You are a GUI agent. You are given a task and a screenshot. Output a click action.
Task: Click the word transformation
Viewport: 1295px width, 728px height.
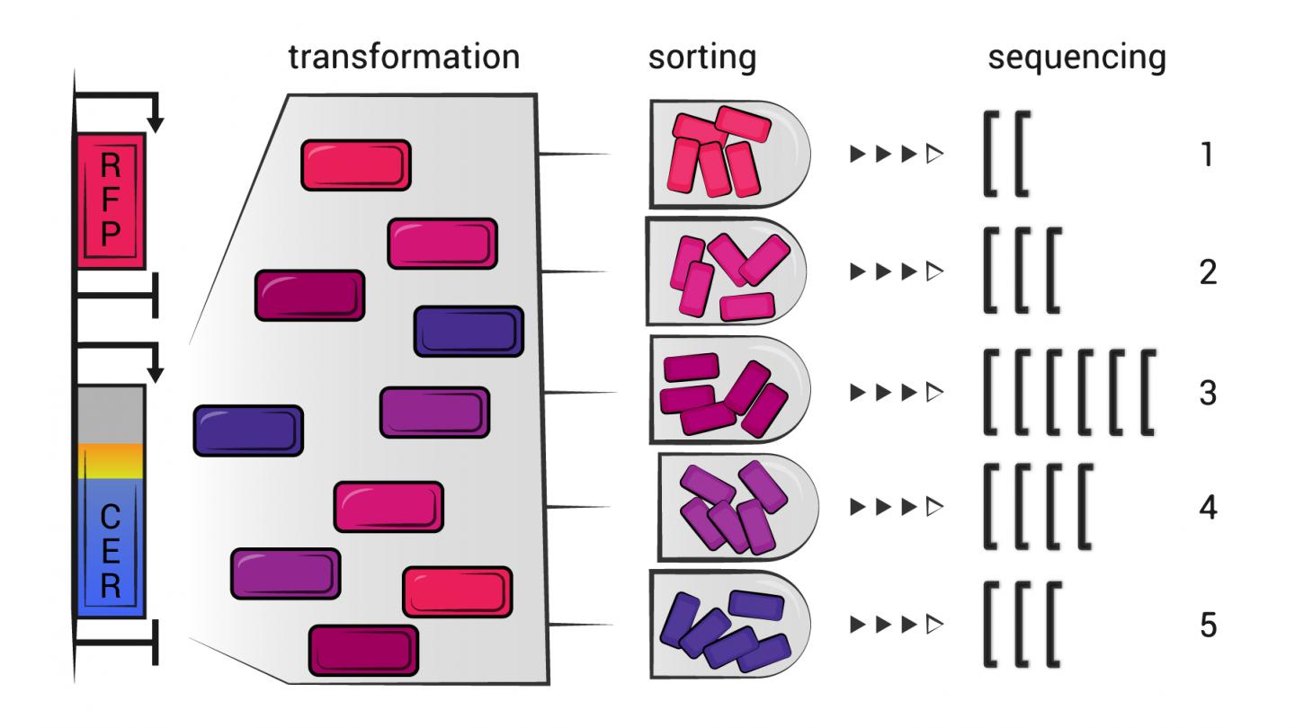click(404, 58)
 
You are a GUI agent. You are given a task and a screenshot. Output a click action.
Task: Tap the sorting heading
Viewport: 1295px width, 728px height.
click(702, 58)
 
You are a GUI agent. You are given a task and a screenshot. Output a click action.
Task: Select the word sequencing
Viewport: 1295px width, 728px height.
click(1076, 58)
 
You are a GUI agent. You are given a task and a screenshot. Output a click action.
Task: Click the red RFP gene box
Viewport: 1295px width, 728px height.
click(110, 200)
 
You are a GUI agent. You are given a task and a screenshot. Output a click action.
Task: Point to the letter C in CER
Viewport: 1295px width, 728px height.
click(110, 519)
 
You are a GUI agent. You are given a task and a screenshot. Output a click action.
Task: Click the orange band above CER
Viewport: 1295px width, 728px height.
click(110, 460)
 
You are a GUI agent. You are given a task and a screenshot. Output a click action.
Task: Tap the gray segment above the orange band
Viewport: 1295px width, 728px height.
click(110, 413)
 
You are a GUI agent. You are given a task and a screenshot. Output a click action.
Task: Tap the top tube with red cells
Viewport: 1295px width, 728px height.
click(728, 155)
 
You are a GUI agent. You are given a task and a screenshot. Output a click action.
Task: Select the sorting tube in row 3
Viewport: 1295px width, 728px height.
click(728, 392)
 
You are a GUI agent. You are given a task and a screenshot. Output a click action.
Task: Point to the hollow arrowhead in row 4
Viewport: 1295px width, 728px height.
click(933, 509)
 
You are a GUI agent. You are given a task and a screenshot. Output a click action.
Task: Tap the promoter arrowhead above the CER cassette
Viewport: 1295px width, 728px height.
click(156, 372)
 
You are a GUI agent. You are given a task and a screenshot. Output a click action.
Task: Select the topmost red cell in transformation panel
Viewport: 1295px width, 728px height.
click(356, 165)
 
